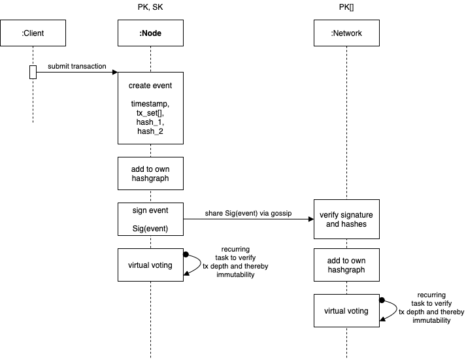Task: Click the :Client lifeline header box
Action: pos(33,33)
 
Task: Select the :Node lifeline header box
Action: pos(150,33)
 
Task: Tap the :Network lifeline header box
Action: pos(346,33)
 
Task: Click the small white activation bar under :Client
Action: pos(33,72)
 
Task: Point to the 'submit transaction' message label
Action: pos(77,66)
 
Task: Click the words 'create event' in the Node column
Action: pos(150,86)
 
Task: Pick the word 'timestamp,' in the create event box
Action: pos(150,104)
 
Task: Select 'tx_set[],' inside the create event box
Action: pos(150,113)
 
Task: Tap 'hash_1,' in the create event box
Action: pos(150,122)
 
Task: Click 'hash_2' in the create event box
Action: pos(150,131)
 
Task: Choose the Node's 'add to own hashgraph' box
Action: pos(150,173)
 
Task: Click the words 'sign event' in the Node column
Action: pos(150,210)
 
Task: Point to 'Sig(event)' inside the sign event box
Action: pos(150,228)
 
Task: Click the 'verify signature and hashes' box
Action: pos(346,219)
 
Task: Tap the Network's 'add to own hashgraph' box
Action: pos(346,265)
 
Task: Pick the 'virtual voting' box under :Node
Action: pos(150,265)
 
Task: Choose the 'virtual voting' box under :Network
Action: pos(346,310)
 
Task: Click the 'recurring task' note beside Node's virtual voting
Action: pos(236,262)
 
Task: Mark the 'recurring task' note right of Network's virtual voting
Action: pos(431,308)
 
